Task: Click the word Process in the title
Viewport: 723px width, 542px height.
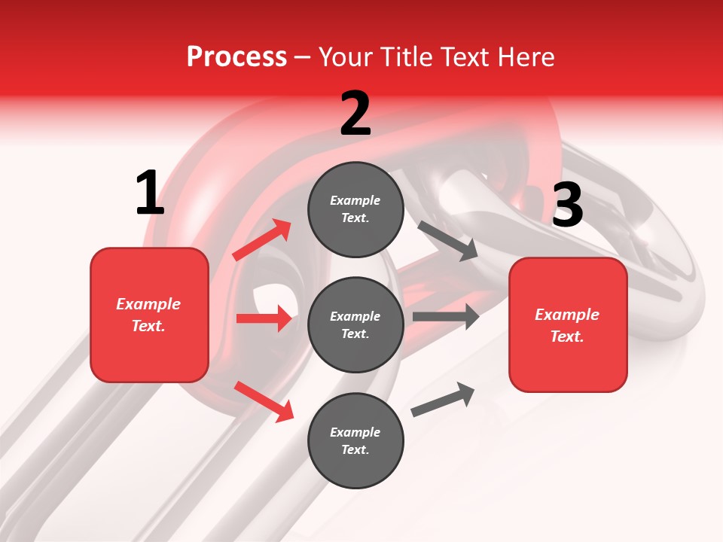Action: click(x=236, y=56)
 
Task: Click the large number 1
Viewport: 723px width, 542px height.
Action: click(x=150, y=193)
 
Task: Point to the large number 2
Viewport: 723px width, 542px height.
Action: click(x=355, y=114)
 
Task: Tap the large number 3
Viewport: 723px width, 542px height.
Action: click(x=568, y=206)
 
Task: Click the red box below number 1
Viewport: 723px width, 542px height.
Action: click(x=149, y=315)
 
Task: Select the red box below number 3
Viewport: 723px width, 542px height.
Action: click(x=568, y=324)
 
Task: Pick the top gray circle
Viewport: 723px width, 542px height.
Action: click(x=355, y=209)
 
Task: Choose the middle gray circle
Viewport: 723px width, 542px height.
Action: click(x=355, y=324)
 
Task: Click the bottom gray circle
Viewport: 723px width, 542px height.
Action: click(x=355, y=440)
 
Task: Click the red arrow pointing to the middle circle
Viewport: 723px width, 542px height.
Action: click(x=264, y=318)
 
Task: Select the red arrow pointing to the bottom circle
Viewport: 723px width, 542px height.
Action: click(x=264, y=401)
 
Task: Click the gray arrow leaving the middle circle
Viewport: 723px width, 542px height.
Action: click(x=446, y=316)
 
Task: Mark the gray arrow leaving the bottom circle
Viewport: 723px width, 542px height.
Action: click(x=443, y=400)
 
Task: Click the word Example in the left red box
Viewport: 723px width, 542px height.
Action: click(x=148, y=304)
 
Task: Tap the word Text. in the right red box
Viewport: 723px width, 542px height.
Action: click(x=567, y=336)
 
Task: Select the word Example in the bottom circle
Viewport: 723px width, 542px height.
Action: click(x=355, y=432)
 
